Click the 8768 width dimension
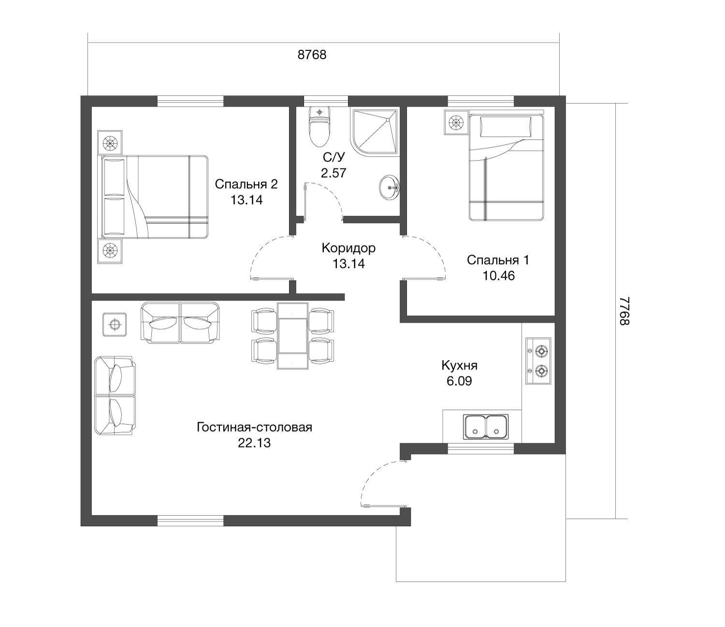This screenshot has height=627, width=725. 312,55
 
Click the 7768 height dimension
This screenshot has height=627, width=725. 624,311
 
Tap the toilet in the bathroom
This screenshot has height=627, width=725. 319,127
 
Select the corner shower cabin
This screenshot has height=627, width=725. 375,133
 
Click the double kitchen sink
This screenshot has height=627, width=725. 486,427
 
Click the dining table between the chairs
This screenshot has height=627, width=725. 292,336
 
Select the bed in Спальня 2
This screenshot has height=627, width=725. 155,197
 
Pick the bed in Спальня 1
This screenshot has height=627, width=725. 506,167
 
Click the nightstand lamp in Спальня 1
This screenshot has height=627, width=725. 456,122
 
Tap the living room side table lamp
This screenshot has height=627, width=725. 115,325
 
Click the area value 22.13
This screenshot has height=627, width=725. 254,443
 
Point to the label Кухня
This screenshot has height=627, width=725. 460,365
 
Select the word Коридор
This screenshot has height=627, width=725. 348,248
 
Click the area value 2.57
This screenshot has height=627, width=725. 333,173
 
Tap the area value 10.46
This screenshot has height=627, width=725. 498,276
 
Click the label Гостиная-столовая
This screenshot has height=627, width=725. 254,427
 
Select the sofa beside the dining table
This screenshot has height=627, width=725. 180,323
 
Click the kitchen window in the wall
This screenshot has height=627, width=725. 480,449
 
